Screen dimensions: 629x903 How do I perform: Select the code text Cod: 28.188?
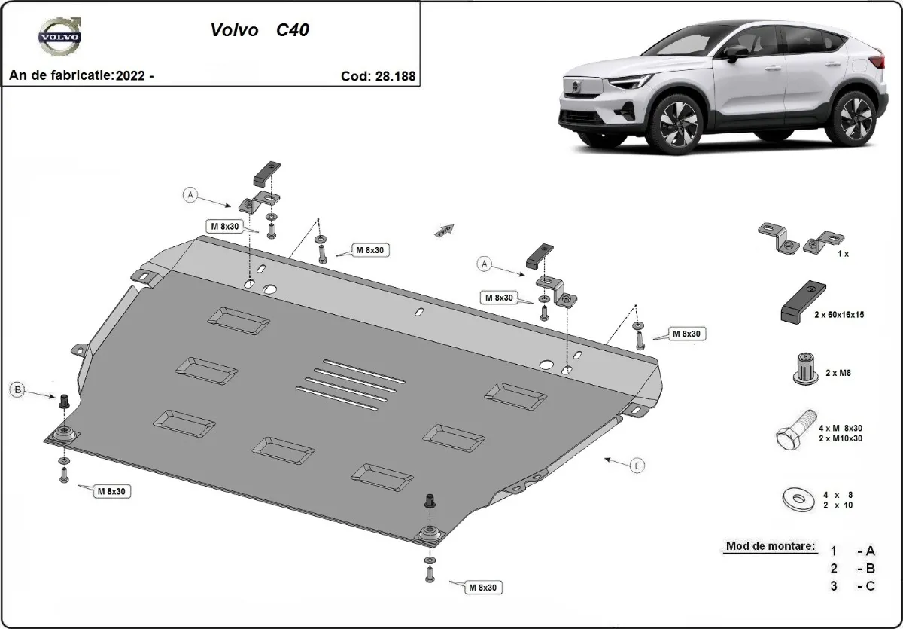[377, 76]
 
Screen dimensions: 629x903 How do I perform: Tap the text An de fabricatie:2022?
[81, 76]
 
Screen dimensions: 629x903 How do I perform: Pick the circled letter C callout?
[637, 466]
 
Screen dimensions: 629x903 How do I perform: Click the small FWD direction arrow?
[445, 231]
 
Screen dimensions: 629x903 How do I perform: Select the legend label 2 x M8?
[838, 373]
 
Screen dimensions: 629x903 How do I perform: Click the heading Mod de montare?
[770, 546]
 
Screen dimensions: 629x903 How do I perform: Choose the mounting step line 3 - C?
[853, 587]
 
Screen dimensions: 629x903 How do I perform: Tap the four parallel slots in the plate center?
[350, 383]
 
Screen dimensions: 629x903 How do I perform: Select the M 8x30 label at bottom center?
[482, 587]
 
